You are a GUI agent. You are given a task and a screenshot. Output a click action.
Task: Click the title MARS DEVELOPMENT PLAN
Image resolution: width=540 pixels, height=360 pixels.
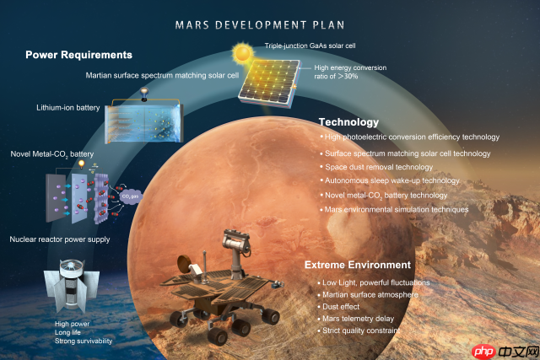pos(260,25)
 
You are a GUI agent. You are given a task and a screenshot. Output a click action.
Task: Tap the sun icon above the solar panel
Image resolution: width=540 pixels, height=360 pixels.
pos(242,52)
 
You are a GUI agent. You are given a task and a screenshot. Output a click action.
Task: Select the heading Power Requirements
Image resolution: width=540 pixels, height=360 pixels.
pos(78,55)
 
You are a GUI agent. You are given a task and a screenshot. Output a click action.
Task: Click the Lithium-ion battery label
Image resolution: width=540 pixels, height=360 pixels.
pos(68,108)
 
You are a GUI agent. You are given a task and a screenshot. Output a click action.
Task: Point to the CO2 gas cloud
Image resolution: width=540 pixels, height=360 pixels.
pos(130,196)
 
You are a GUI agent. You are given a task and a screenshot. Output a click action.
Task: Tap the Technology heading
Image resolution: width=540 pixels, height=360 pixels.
pos(348,122)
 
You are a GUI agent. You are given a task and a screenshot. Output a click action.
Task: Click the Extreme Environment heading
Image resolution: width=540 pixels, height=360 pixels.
pos(358,265)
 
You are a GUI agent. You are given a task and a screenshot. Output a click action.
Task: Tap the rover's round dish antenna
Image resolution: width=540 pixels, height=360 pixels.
pos(184,264)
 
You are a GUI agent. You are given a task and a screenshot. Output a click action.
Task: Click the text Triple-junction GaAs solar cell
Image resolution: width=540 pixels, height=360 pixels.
pos(310,46)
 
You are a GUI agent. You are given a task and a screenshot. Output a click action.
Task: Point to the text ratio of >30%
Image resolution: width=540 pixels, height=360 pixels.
pos(336,77)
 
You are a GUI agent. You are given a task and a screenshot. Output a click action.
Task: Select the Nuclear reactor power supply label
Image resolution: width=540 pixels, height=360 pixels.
pos(60,239)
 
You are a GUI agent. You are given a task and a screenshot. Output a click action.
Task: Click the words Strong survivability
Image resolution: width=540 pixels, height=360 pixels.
pos(84,341)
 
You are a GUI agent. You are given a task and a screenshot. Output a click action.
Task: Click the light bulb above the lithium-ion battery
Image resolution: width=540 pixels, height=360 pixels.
pos(144,93)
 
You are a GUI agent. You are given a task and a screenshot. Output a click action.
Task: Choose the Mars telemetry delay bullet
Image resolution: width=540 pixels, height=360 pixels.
pos(358,319)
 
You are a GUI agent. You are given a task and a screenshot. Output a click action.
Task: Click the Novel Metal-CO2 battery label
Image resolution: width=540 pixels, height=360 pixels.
pos(52,154)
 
